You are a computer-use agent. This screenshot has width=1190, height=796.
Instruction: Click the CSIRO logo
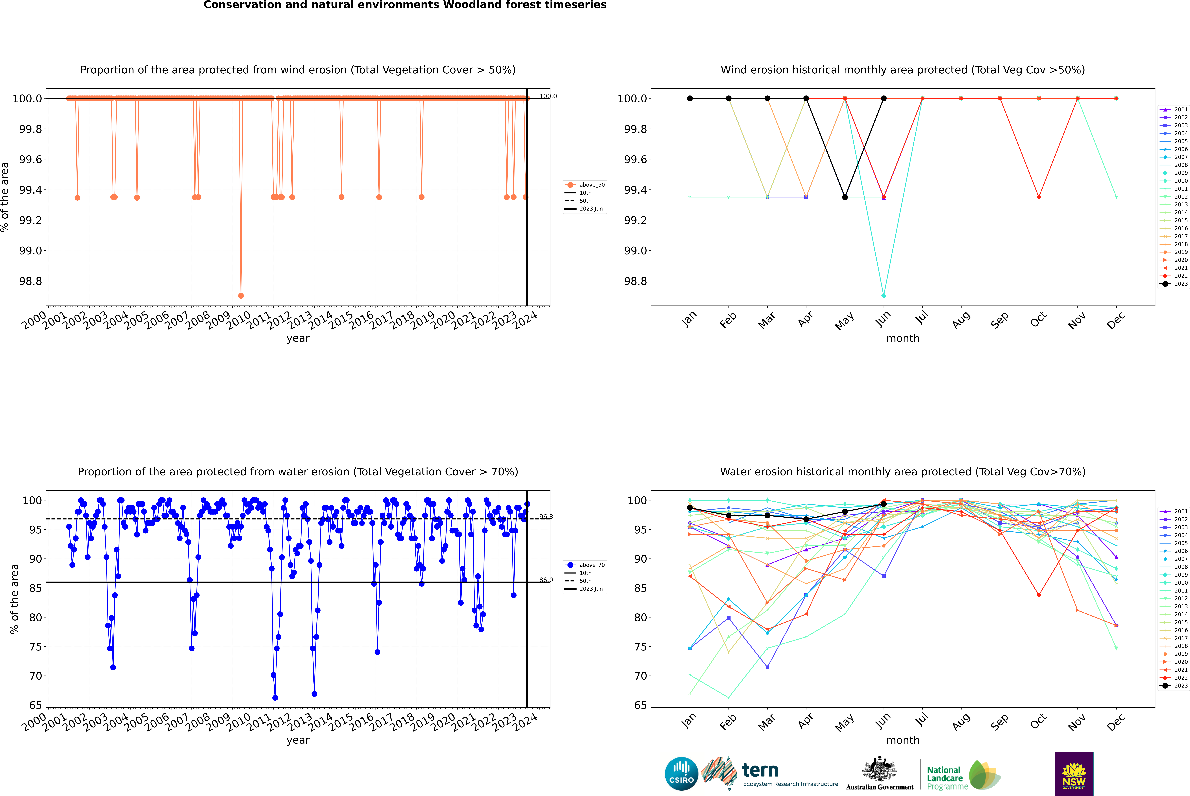pos(681,774)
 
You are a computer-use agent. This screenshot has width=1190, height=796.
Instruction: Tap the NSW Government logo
pos(1074,774)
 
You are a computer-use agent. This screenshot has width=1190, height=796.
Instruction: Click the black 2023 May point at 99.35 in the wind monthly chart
pos(845,197)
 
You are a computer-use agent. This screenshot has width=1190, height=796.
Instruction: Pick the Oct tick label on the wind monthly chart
pos(1038,320)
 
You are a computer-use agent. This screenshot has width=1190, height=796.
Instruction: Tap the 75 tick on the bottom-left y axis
pos(35,647)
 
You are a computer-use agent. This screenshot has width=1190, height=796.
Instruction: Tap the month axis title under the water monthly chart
pos(902,740)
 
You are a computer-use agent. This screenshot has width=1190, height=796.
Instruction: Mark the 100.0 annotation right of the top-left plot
pos(548,96)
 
